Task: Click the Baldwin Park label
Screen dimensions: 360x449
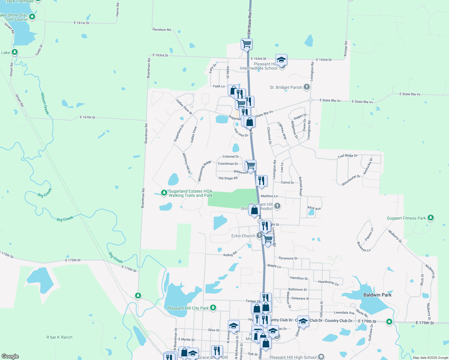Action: pos(377,295)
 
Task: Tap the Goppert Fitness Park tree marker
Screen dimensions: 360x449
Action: pos(431,218)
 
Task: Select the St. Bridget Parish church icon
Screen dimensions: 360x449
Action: pos(306,87)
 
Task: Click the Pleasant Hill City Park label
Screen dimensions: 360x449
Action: pos(188,308)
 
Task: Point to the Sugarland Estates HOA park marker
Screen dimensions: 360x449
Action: pos(164,193)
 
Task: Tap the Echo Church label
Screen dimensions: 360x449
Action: pos(243,236)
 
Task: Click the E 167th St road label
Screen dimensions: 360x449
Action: pos(88,117)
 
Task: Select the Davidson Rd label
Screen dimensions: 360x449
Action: pos(161,29)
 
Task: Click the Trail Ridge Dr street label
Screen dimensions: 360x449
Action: pos(348,156)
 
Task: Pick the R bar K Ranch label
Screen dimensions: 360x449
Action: pos(59,337)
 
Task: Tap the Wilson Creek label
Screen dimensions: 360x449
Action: pos(45,103)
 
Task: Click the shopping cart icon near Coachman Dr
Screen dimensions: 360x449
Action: pos(250,165)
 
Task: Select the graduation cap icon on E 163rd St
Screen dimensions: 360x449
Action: pos(281,60)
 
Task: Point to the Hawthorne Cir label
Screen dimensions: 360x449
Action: pos(328,283)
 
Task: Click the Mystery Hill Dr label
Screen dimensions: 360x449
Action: pos(186,163)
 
